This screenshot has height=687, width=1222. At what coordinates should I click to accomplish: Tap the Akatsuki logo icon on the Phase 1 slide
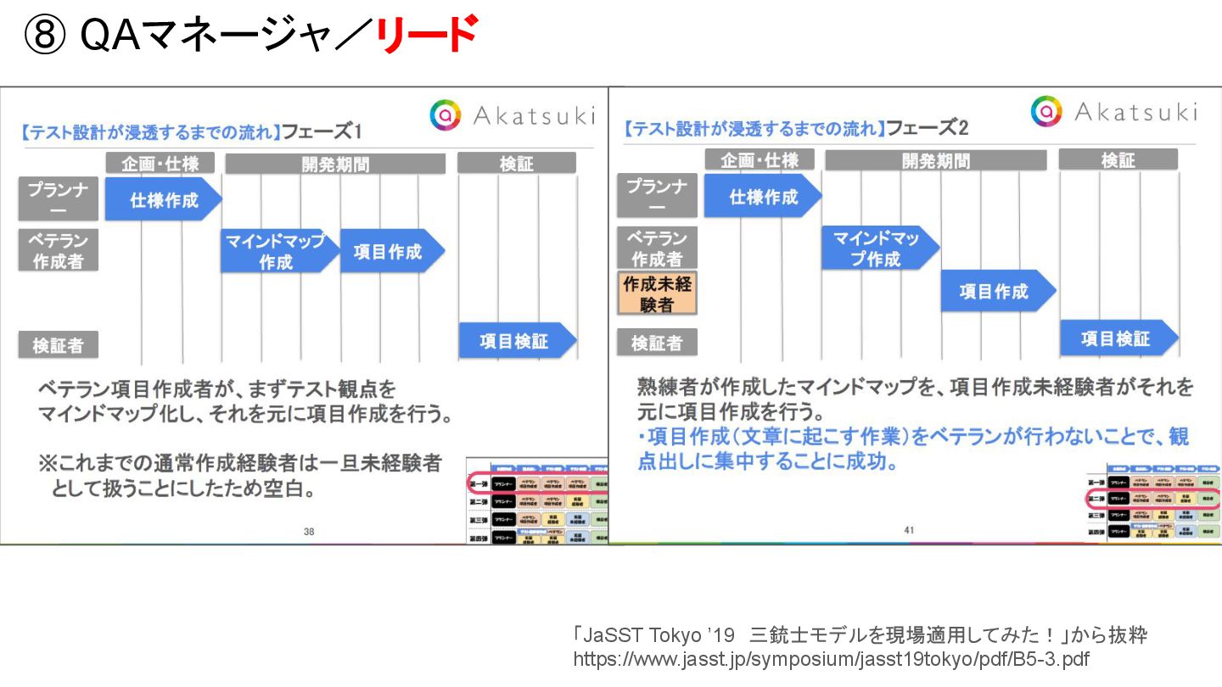(x=446, y=115)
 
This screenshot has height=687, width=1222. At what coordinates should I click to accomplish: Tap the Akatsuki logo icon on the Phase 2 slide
(x=1047, y=111)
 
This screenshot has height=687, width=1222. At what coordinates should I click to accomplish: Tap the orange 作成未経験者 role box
(x=657, y=293)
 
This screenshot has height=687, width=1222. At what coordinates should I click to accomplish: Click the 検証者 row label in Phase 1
(x=59, y=345)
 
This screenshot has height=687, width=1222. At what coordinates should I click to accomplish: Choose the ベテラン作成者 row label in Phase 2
(x=657, y=249)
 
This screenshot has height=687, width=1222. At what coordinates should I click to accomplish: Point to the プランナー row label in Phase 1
(x=59, y=199)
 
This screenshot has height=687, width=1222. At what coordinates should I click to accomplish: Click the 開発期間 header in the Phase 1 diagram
(x=335, y=164)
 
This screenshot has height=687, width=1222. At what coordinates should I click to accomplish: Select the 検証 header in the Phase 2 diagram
(x=1118, y=159)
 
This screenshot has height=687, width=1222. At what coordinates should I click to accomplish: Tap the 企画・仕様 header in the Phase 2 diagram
(x=760, y=159)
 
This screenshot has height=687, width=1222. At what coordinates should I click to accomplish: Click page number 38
(x=309, y=533)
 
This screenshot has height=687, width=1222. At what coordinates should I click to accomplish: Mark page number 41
(x=909, y=531)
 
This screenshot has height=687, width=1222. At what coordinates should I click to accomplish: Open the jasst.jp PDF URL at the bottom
(x=831, y=659)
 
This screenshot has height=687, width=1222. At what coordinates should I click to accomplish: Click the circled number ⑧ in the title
(x=45, y=36)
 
